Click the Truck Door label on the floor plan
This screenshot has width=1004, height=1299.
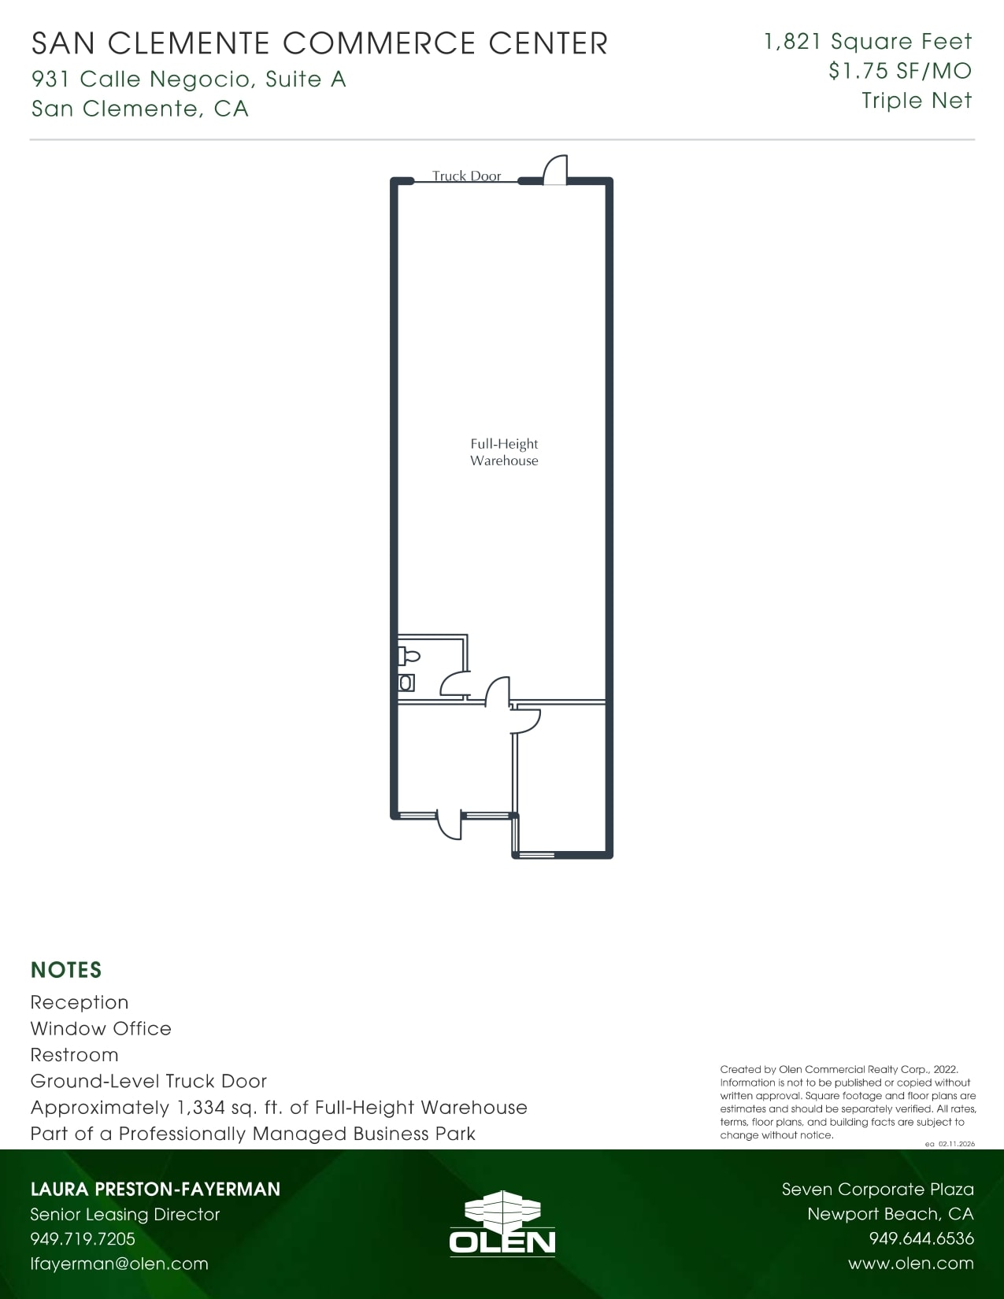466,176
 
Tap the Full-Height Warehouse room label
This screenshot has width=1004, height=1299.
504,453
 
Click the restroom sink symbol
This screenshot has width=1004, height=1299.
406,683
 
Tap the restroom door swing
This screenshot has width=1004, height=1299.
455,684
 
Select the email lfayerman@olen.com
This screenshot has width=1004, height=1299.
119,1264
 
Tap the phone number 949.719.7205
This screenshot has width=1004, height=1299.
83,1238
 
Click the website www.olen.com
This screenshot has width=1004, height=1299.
910,1264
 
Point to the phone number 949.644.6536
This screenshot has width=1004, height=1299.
921,1238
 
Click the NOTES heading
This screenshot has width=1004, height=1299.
66,970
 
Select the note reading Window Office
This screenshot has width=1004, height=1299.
101,1028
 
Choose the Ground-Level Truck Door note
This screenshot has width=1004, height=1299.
149,1081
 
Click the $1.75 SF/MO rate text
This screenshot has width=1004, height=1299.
900,71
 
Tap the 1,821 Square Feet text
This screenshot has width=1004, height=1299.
868,42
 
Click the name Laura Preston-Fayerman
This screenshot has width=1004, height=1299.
155,1189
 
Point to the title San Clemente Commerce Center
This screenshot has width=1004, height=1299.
320,43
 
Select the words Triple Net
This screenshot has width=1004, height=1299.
917,101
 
